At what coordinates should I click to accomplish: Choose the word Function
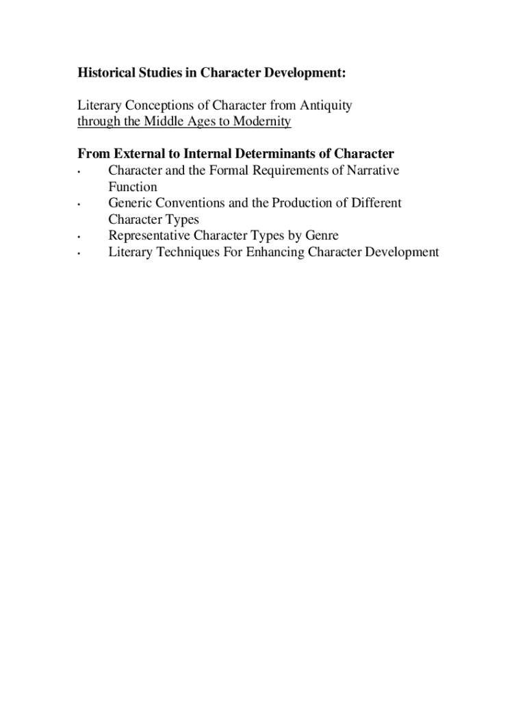132,187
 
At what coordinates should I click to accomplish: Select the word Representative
149,236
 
